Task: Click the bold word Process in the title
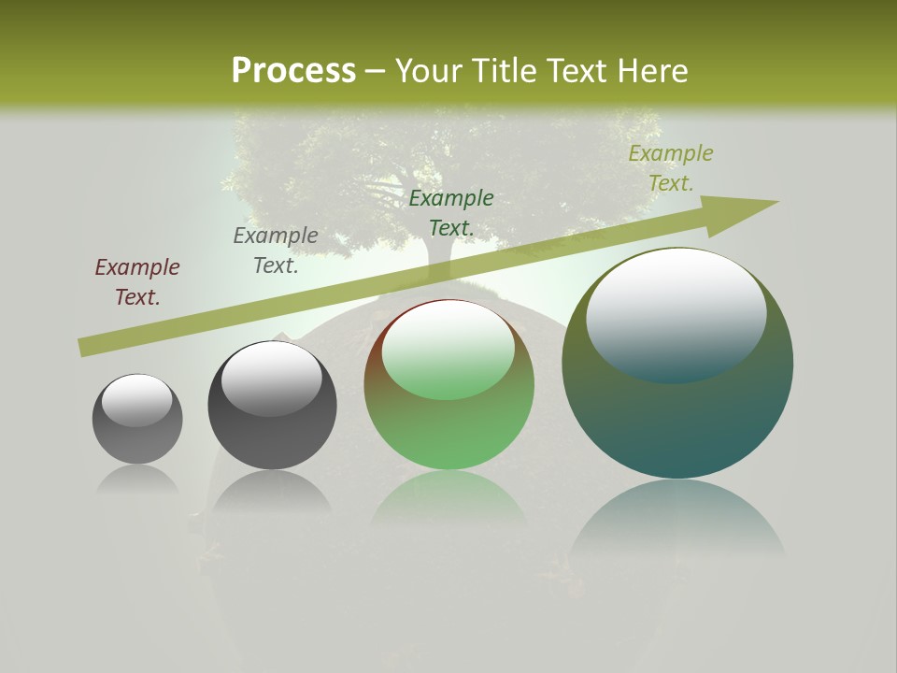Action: (x=293, y=71)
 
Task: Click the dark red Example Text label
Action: (x=137, y=282)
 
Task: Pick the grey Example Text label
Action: (x=276, y=251)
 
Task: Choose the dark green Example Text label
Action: (x=451, y=213)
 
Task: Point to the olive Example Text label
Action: (x=670, y=168)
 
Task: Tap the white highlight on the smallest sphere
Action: (x=137, y=399)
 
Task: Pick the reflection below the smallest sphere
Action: (x=137, y=479)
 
